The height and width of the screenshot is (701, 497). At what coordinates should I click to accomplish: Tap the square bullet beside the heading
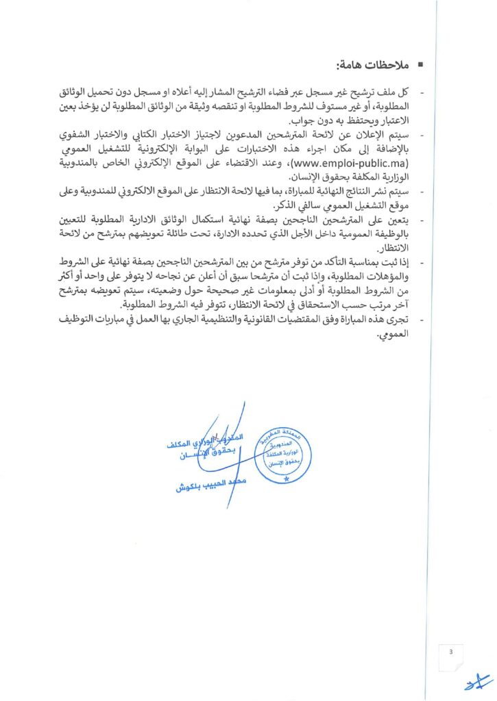click(x=420, y=66)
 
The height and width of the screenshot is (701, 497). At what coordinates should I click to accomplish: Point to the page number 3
click(x=451, y=652)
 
